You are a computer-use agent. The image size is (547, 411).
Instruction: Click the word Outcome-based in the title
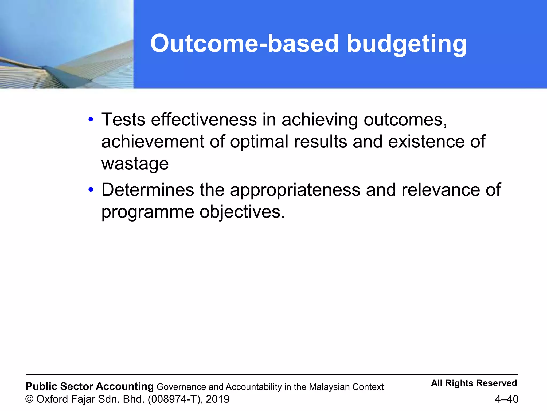[x=244, y=44]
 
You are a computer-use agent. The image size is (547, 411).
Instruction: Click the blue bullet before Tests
[x=91, y=119]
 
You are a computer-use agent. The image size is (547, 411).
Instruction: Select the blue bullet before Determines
[x=91, y=190]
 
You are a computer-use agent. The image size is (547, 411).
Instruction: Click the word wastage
[x=135, y=163]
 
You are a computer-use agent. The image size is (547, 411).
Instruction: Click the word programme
[x=148, y=212]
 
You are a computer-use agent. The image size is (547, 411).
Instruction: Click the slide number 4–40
[x=506, y=399]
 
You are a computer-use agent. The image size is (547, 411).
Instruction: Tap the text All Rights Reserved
[x=474, y=383]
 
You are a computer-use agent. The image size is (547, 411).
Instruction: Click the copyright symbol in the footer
[x=29, y=399]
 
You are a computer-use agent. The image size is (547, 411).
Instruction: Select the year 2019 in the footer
[x=218, y=399]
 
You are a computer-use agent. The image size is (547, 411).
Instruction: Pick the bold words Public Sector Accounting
[x=89, y=386]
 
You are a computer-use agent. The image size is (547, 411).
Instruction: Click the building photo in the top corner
[x=67, y=44]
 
